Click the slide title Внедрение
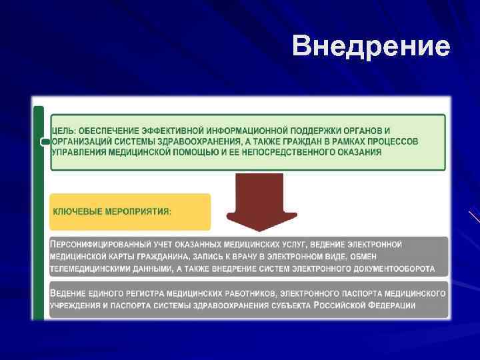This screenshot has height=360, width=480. tap(371, 47)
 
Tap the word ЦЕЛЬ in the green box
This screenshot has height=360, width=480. tap(65, 130)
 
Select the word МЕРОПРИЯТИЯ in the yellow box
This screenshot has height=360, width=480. tap(138, 211)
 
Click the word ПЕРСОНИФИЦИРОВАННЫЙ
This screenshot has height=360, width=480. tap(101, 245)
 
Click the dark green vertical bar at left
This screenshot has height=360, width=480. tap(39, 213)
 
